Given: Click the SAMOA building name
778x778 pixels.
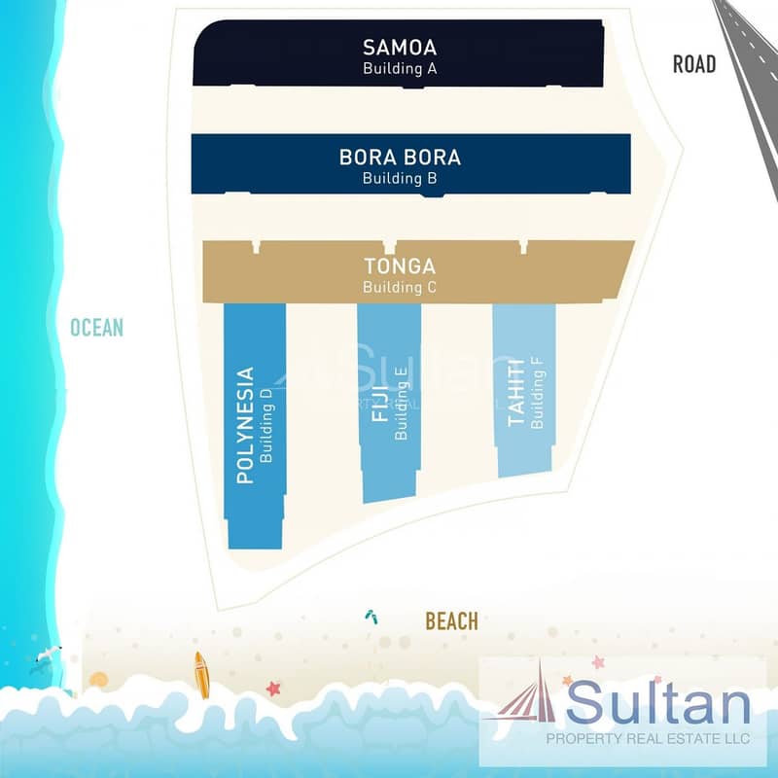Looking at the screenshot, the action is [400, 48].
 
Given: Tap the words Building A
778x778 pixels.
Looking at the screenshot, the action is [400, 68].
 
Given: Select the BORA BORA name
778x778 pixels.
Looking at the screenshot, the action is [400, 158].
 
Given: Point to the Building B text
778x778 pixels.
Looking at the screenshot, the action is [400, 178].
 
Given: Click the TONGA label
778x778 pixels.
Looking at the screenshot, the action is [400, 266].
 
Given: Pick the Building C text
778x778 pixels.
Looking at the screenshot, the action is [400, 287].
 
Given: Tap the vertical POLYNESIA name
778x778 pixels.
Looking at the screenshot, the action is [245, 425].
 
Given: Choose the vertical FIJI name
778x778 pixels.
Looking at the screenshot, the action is [380, 404].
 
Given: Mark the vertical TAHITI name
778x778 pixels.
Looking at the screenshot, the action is [516, 393].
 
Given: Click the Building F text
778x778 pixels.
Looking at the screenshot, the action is [538, 393].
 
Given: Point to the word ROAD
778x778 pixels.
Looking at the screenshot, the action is [694, 64].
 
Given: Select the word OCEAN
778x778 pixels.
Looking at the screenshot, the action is [96, 328].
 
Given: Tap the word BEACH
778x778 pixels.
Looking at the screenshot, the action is [452, 621].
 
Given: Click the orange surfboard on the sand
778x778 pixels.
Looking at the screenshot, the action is [201, 675].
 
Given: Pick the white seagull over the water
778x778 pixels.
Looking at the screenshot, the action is [49, 654].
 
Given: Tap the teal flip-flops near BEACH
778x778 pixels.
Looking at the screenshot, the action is [371, 617].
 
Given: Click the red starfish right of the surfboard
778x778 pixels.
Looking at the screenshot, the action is [273, 689].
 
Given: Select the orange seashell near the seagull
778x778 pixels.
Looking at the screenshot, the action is [99, 679].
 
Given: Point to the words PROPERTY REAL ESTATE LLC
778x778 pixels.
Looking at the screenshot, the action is [648, 738].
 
